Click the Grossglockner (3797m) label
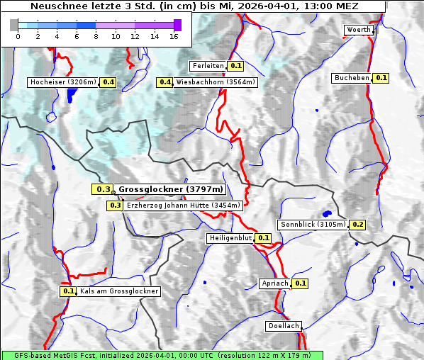pyautogui.click(x=170, y=189)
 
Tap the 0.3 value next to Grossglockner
pyautogui.click(x=103, y=189)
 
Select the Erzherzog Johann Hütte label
pyautogui.click(x=184, y=206)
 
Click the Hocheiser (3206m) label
pyautogui.click(x=62, y=82)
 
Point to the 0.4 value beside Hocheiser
pyautogui.click(x=108, y=82)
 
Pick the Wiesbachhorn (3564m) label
pyautogui.click(x=215, y=82)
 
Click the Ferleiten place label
pyautogui.click(x=207, y=66)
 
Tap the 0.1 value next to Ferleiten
pyautogui.click(x=236, y=66)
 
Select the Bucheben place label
pyautogui.click(x=352, y=78)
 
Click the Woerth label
pyautogui.click(x=357, y=30)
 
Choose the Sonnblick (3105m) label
pyautogui.click(x=313, y=225)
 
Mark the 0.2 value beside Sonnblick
pyautogui.click(x=357, y=225)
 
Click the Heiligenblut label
pyautogui.click(x=230, y=237)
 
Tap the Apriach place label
pyautogui.click(x=275, y=283)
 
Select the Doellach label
pyautogui.click(x=284, y=326)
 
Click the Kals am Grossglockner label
pyautogui.click(x=118, y=291)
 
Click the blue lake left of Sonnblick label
pyautogui.click(x=327, y=213)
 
